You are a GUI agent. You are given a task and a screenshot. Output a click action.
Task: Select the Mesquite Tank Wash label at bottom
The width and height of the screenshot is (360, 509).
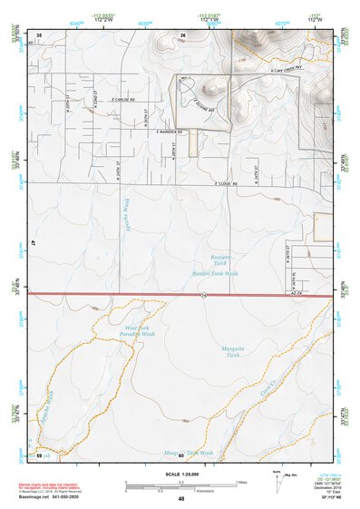coord(188,451)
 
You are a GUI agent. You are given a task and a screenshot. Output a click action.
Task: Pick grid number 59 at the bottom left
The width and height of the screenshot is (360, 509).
coord(39,454)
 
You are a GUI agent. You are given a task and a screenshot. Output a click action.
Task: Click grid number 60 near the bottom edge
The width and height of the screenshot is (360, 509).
coord(181,455)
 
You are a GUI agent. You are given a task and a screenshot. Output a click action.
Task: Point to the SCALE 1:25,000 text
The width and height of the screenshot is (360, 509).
coord(180,475)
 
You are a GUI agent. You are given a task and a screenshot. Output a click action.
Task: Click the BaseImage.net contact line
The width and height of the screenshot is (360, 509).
coord(50,496)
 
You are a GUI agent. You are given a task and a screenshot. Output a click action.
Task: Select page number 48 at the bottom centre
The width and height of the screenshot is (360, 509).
coord(180,499)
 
